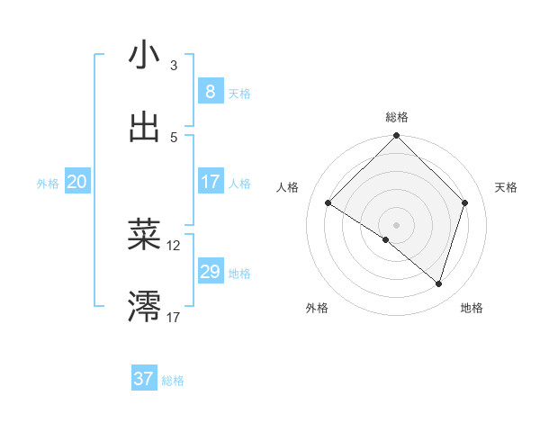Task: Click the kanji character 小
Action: pos(144,55)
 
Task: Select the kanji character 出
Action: pos(144,127)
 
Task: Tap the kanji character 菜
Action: pos(144,235)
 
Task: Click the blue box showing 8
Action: pos(210,91)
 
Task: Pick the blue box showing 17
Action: pos(210,182)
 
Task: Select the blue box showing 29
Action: pos(210,272)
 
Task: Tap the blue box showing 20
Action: pos(76,182)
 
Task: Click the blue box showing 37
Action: pos(144,379)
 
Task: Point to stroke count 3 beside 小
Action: pos(174,66)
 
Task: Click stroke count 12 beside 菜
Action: pos(174,245)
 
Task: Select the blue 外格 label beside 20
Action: pos(48,183)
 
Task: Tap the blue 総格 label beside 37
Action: pos(173,381)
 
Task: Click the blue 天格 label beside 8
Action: pos(239,93)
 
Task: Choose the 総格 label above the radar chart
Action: pos(396,117)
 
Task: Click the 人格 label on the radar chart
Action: pos(288,187)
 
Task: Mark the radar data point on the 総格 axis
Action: pos(396,137)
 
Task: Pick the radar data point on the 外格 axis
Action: pos(386,239)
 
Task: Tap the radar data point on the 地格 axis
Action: pos(438,283)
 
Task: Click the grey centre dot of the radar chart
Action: pos(396,224)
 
